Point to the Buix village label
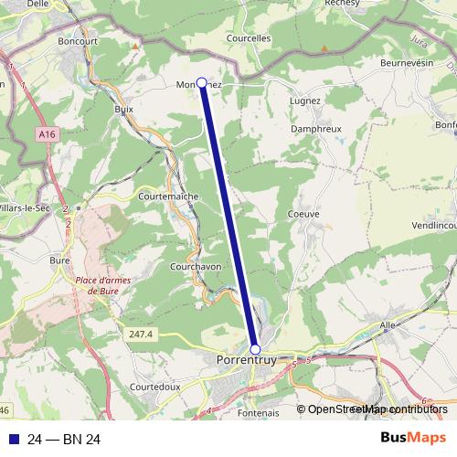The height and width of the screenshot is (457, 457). [x=124, y=108]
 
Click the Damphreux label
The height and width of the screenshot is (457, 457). [x=315, y=130]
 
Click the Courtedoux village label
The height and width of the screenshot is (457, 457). [x=154, y=387]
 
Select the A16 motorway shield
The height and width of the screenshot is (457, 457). [x=48, y=135]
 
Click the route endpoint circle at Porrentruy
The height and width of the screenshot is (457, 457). [x=255, y=349]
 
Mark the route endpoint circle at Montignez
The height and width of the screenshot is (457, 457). [x=202, y=82]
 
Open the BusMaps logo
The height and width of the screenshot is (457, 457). [x=413, y=439]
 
